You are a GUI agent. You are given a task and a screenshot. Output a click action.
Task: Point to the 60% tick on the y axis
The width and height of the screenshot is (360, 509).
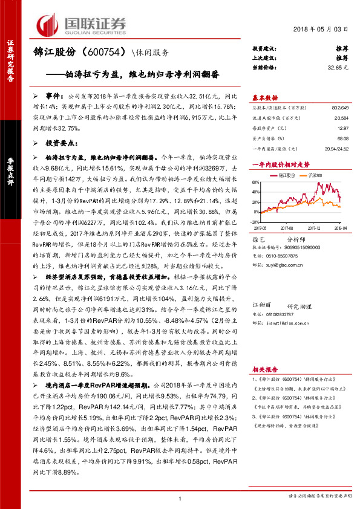(257, 181)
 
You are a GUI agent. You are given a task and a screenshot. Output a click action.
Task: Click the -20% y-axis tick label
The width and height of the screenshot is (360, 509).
(256, 223)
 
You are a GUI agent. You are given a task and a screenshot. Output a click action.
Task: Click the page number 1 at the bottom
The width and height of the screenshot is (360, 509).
(180, 498)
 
